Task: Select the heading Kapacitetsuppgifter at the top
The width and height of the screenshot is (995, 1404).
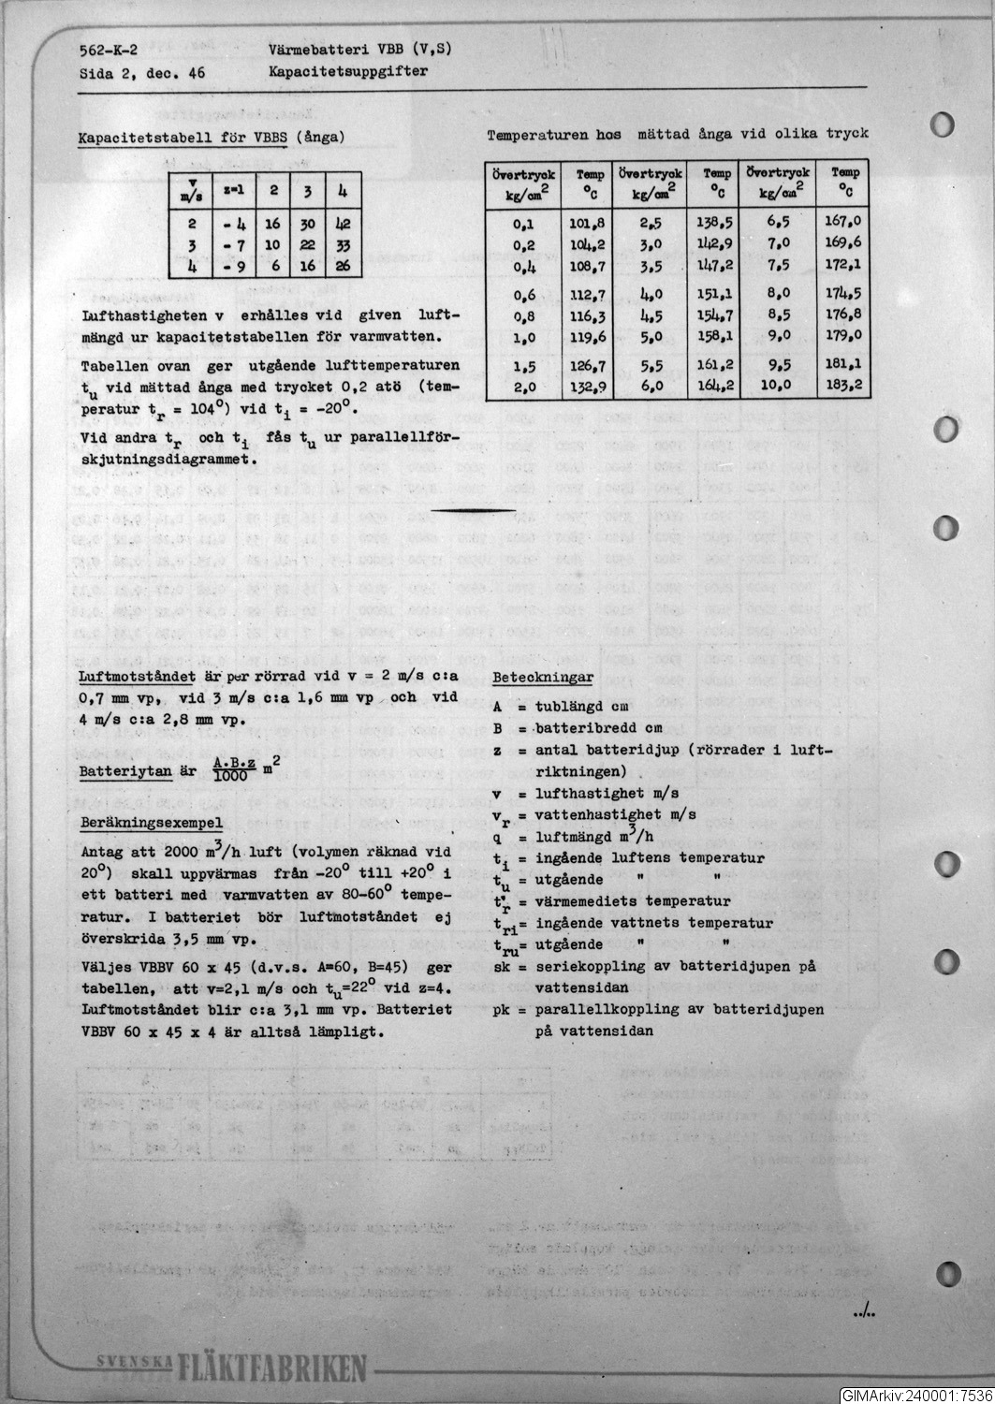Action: [x=348, y=71]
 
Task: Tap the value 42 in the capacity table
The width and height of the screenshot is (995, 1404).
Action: [x=341, y=225]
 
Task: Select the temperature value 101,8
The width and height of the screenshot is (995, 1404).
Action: [x=587, y=224]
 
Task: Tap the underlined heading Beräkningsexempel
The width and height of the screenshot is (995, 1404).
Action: [x=152, y=823]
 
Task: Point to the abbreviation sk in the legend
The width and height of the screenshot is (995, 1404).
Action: [x=502, y=966]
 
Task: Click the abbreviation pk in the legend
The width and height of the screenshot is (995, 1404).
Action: [x=502, y=1010]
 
